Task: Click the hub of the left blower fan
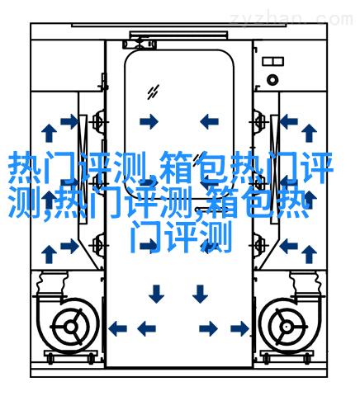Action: (71, 327)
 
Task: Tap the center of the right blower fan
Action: (287, 327)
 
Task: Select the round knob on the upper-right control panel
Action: (272, 80)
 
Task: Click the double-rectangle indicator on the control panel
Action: (272, 61)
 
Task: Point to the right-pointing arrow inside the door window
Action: (149, 121)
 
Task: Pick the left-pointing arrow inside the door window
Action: (209, 121)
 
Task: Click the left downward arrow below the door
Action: (156, 294)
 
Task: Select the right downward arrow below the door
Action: (200, 294)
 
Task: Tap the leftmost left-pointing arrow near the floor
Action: (118, 328)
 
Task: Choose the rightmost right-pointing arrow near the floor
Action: (240, 328)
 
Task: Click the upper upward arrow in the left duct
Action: (49, 133)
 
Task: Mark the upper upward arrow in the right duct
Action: (309, 133)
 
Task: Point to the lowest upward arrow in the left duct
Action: (49, 254)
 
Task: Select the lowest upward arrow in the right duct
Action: (309, 254)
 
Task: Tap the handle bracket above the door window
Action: (140, 44)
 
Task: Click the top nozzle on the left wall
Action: (98, 121)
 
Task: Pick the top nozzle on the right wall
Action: (259, 121)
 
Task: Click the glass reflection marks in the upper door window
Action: (153, 92)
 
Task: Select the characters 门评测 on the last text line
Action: (182, 237)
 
